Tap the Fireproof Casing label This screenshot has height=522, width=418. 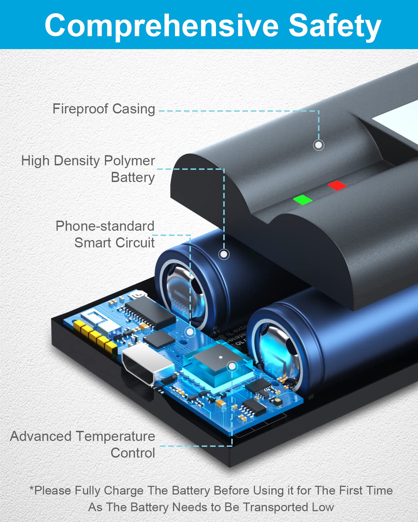104,109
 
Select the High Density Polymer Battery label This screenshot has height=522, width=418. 88,169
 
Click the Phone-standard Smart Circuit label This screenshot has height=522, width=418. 105,234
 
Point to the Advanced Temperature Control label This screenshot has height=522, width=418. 83,444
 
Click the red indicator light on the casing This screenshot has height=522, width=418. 337,185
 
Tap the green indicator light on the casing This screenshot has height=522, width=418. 303,200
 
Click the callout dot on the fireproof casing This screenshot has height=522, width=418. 319,145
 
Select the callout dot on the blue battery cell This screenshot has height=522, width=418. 224,254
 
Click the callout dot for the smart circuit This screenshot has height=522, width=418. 190,331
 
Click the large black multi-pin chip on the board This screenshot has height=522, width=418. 150,313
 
